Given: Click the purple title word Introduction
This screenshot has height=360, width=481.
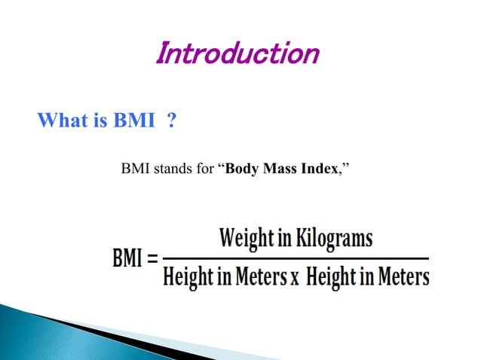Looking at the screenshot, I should (237, 53).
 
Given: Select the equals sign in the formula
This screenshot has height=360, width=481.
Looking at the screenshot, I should (154, 261).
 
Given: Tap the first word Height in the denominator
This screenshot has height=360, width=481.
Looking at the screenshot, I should (188, 277).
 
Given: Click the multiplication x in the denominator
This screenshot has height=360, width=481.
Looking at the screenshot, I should (294, 278).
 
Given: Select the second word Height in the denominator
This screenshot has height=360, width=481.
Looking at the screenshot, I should (332, 277).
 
